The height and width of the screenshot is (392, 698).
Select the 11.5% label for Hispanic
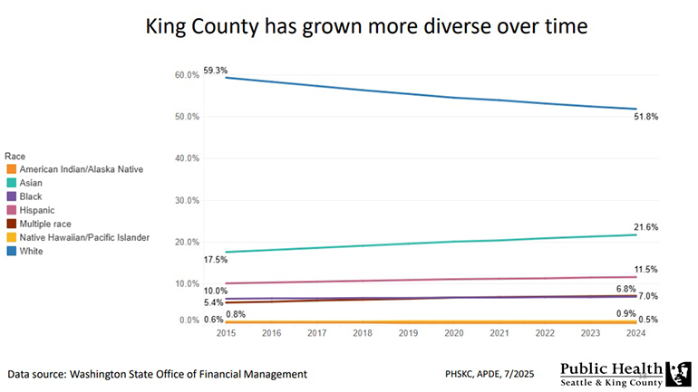click(645, 270)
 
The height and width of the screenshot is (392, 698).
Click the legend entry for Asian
click(31, 183)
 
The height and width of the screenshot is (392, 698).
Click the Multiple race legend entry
click(44, 224)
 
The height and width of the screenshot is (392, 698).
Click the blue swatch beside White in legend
click(10, 252)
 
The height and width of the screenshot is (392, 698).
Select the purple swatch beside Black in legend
click(10, 196)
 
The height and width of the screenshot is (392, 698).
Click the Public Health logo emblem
click(678, 374)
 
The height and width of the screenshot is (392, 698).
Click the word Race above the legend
click(15, 156)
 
